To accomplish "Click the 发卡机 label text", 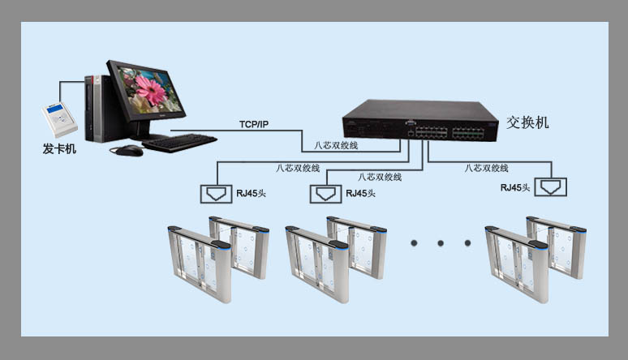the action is [59, 149].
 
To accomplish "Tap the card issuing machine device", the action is [59, 120].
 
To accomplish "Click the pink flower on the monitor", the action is [151, 90].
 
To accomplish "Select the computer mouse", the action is [129, 151].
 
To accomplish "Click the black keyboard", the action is [179, 143].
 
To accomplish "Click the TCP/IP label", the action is [254, 124].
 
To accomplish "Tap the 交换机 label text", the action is [527, 122].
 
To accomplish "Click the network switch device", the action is [420, 121].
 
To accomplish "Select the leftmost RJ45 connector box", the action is [217, 194].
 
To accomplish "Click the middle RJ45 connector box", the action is [325, 194].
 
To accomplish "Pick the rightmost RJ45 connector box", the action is [551, 187].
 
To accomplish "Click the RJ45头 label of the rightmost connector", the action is [515, 187].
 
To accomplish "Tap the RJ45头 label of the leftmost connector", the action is [252, 194].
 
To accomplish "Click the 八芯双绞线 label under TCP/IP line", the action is [336, 145].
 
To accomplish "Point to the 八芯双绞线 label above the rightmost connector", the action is [486, 168].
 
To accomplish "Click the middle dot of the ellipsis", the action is [441, 243].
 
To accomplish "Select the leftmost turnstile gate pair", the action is [218, 259].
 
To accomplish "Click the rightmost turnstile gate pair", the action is [536, 259].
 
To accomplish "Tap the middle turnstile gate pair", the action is [336, 259].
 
